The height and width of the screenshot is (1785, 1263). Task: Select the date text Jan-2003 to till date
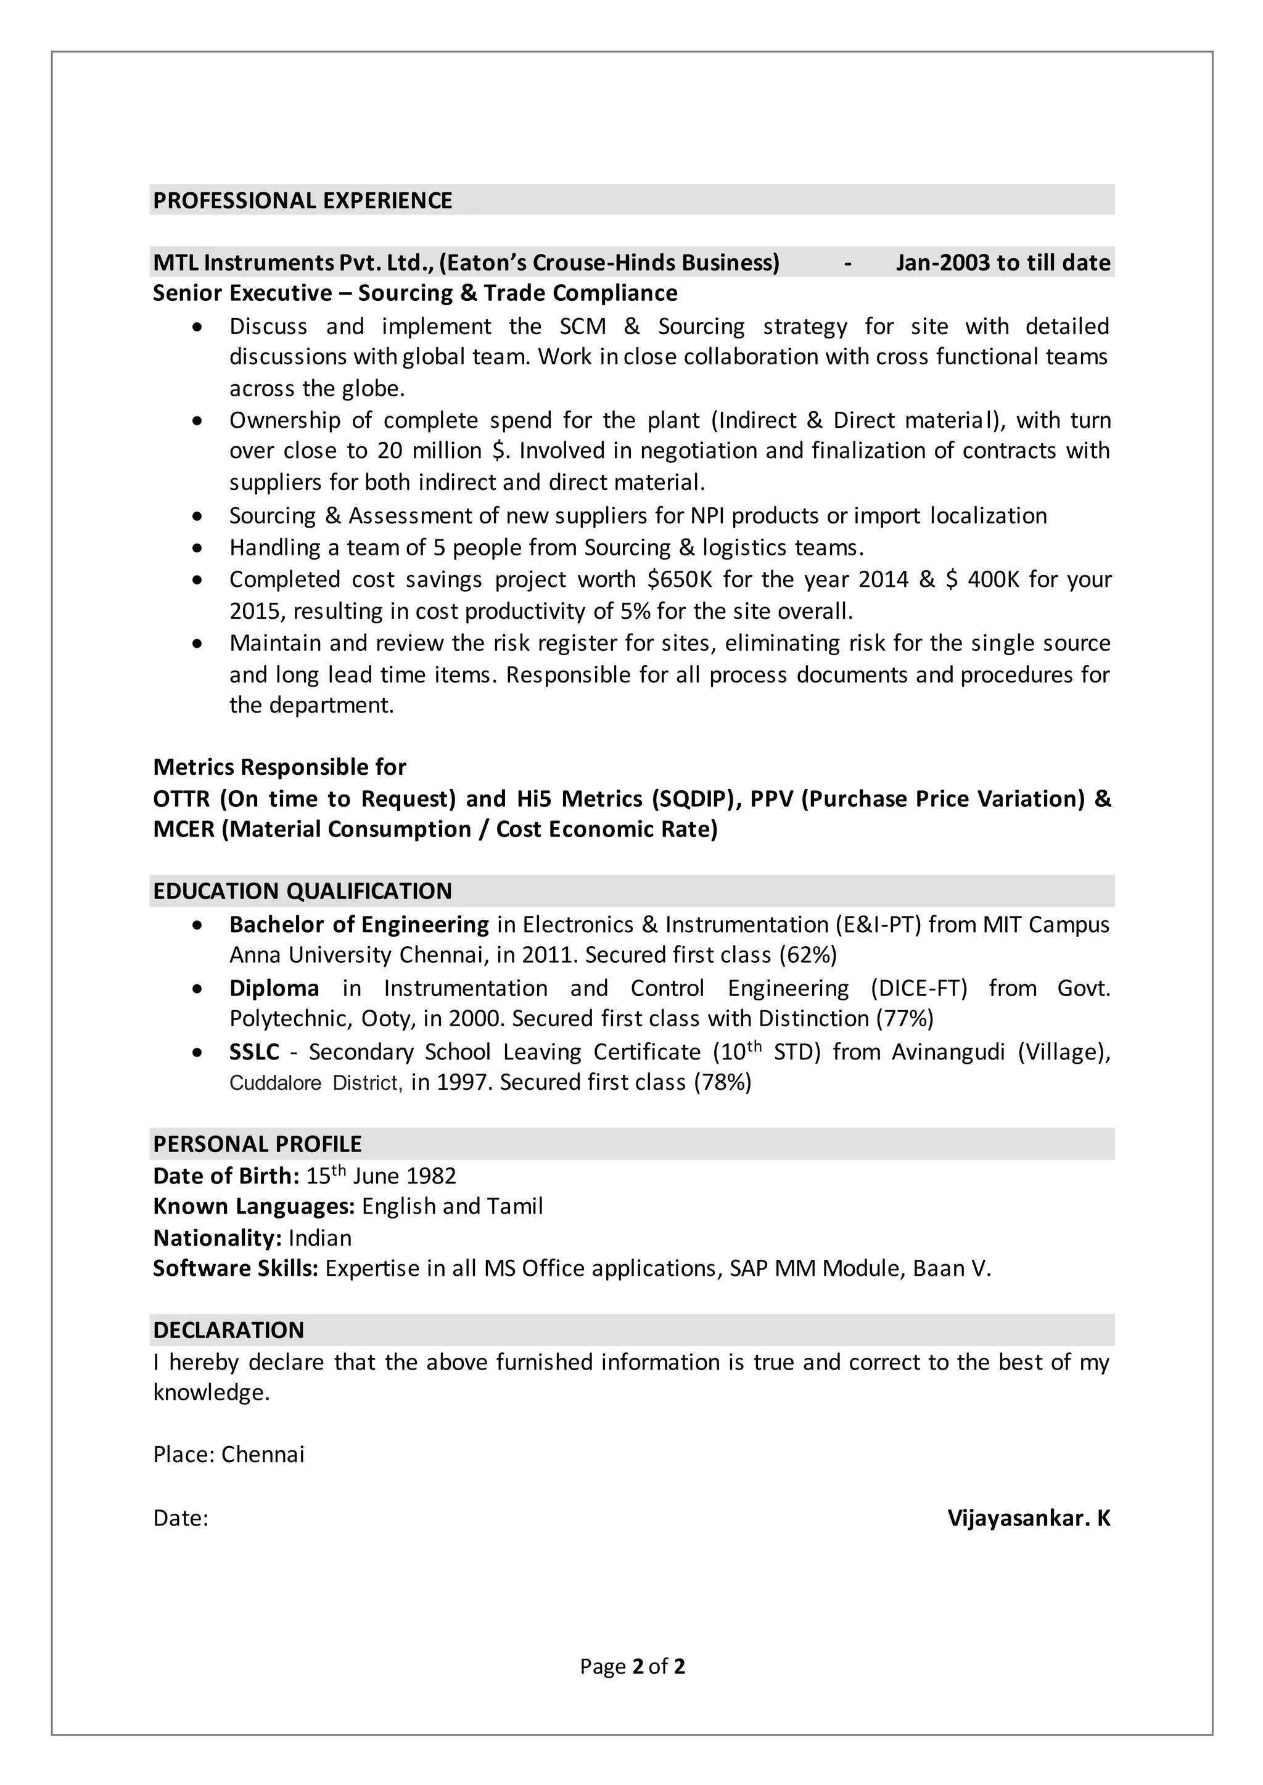coord(1003,263)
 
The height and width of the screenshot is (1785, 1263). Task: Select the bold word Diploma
coord(274,988)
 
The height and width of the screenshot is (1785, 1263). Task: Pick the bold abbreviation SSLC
coord(253,1052)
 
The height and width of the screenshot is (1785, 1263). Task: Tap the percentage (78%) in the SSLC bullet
coord(723,1082)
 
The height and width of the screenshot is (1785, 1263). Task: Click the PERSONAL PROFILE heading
coord(257,1143)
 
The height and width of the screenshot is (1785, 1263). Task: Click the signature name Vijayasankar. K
coord(1028,1518)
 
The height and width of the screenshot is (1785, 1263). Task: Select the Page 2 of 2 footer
coord(631,1666)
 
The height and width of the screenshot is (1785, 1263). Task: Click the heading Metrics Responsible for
coord(279,767)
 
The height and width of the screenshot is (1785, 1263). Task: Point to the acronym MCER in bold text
coord(184,830)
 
